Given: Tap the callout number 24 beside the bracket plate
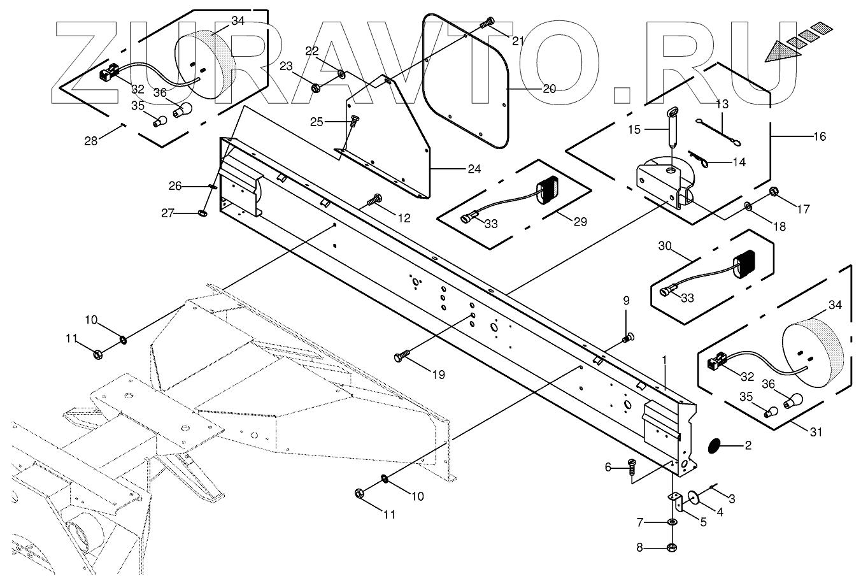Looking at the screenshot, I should point(473,169).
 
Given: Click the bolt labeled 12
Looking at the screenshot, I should point(374,202).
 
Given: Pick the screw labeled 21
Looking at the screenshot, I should point(488,23).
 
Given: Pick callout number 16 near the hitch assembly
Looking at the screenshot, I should point(820,136).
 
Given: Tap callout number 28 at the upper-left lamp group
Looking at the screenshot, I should point(92,140).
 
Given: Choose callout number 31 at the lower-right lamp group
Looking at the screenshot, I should point(816,432).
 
